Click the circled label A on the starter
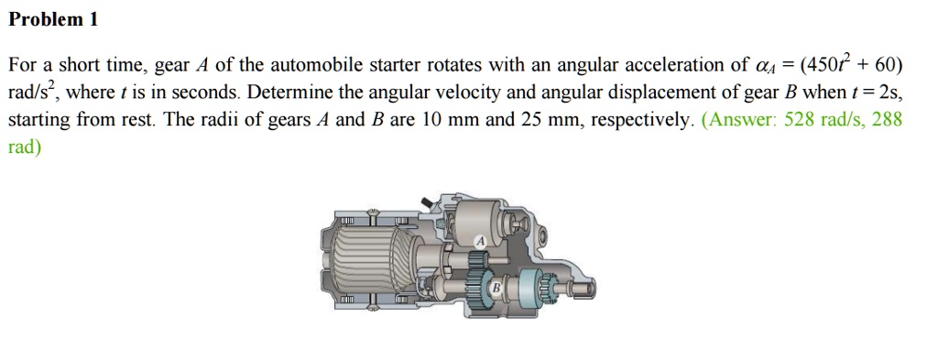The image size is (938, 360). coord(480,241)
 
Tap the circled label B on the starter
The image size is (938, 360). coord(496,288)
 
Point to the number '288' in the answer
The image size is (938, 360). coord(887,120)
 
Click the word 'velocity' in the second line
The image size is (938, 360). coord(386,93)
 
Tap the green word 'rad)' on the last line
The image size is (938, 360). coord(24,147)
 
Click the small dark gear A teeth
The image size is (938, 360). coord(475,261)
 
